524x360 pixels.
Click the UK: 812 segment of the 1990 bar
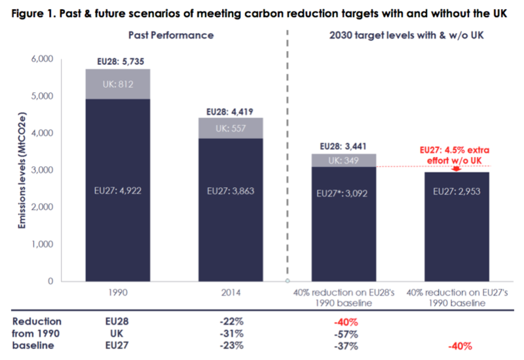pos(119,84)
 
